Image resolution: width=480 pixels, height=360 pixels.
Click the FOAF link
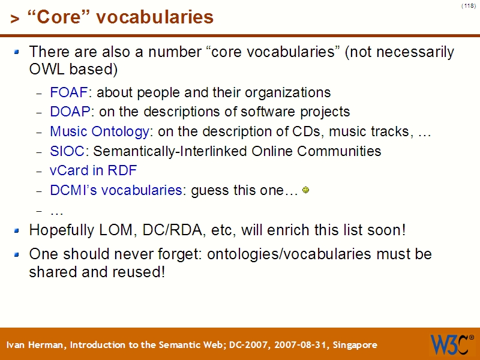(69, 93)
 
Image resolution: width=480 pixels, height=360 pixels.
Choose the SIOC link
(67, 151)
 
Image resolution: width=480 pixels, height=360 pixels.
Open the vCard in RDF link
(93, 170)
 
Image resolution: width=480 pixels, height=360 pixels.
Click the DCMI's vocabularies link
(116, 191)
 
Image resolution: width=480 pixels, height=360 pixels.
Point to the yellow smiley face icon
(305, 190)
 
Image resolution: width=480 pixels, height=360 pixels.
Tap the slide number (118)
(469, 6)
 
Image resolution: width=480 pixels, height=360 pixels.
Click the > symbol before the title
(14, 19)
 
